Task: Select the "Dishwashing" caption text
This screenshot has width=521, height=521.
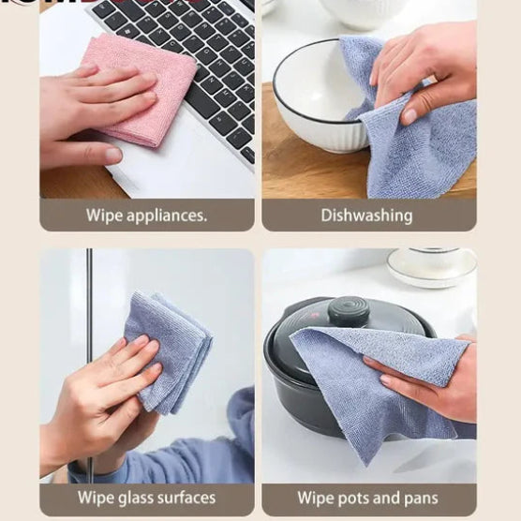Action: pos(366,216)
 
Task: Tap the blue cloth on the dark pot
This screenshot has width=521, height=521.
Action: pos(375,384)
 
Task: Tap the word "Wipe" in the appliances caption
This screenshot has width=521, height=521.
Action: pos(104,216)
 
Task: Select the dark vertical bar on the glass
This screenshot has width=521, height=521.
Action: pos(90,309)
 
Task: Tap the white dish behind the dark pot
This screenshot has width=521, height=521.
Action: pos(432,267)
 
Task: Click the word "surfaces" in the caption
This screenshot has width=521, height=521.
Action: pos(186,498)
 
